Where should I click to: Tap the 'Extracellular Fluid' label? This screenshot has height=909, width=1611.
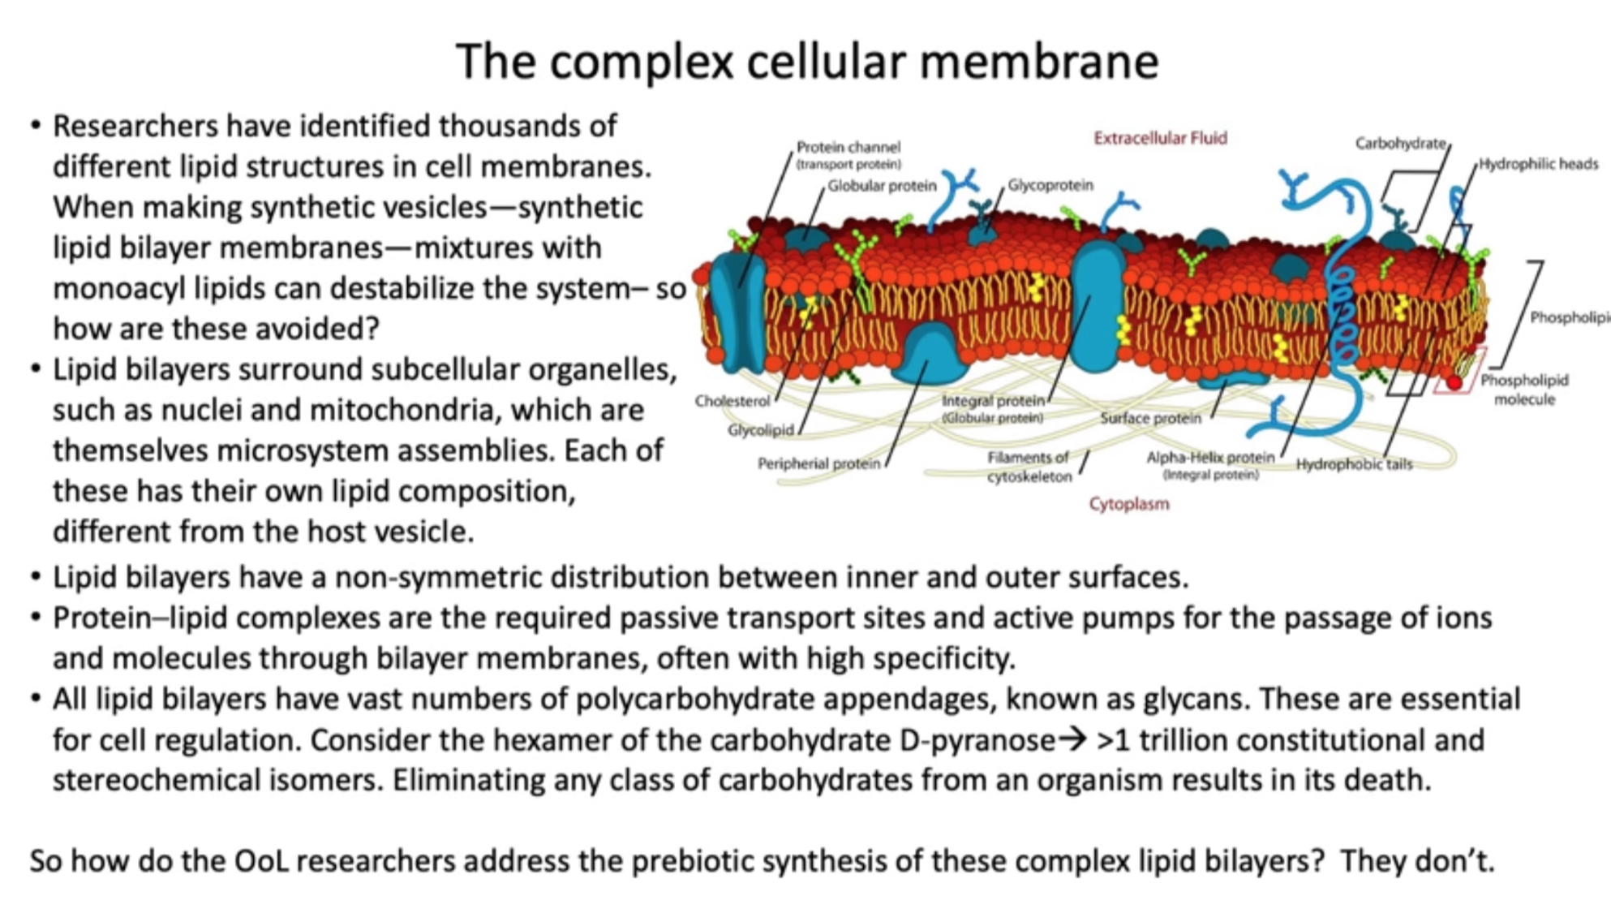pos(1160,138)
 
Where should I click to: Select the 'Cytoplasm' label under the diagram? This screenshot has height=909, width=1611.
pos(1128,504)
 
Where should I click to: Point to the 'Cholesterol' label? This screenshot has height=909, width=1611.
pos(732,401)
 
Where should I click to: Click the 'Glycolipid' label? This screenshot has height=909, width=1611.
pos(760,430)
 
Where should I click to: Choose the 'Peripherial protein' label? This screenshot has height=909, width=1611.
pos(818,463)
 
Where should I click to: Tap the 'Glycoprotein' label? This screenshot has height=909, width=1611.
pos(1050,185)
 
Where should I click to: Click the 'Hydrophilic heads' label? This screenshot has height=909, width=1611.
pos(1538,164)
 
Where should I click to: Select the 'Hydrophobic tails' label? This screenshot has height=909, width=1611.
pos(1354,464)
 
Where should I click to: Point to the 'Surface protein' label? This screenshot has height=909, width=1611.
pos(1150,418)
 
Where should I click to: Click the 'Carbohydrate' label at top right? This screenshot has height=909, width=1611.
pos(1400,144)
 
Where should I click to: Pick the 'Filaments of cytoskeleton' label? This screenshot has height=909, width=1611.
pos(1029,467)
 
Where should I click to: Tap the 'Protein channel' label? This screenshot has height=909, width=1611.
pos(848,147)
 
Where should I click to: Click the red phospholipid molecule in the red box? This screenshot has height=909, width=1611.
pos(1454,382)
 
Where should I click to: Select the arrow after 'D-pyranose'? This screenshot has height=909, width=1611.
pos(1073,739)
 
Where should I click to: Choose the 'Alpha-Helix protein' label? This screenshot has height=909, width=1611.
pos(1209,458)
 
